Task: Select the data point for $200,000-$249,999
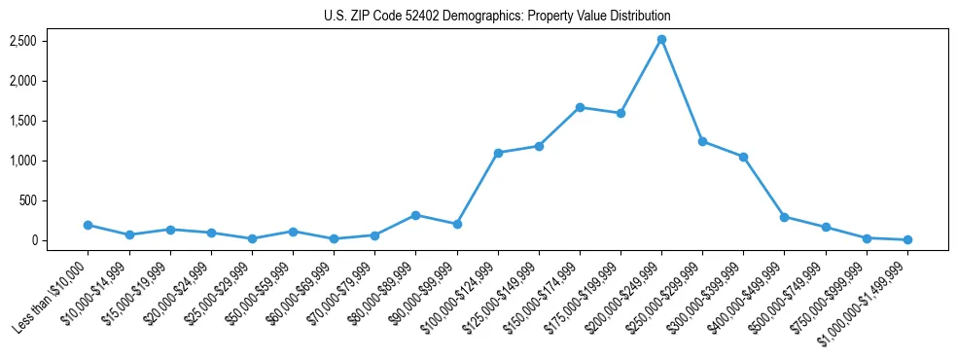coord(661,39)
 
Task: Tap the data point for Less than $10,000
coord(88,225)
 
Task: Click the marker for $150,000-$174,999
coord(580,107)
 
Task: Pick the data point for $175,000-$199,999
coord(620,113)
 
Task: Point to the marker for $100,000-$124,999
coord(498,153)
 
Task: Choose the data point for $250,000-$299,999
coord(702,141)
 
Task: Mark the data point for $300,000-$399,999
coord(743,157)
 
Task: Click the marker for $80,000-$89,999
coord(415,215)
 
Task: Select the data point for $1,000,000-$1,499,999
coord(907,239)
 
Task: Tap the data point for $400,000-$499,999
coord(784,217)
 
